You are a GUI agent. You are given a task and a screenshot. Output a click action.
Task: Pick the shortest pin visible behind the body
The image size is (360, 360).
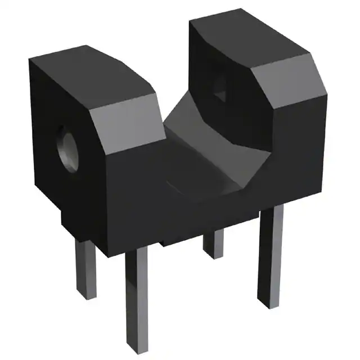[214, 243]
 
